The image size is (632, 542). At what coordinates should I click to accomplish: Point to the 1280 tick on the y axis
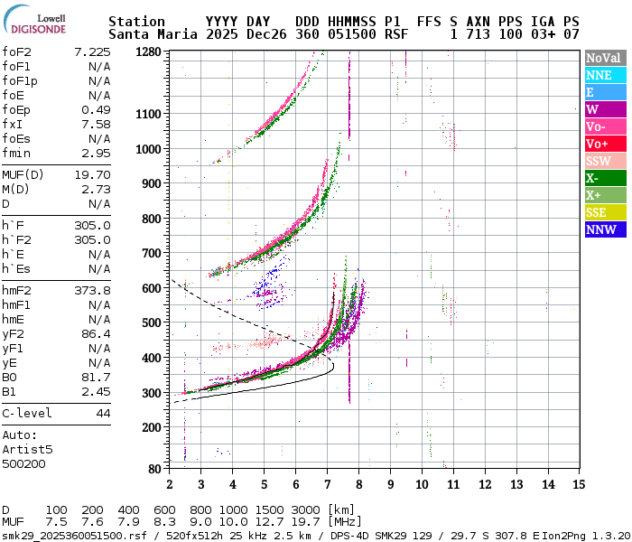pyautogui.click(x=148, y=52)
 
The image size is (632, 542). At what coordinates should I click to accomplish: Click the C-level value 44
pyautogui.click(x=103, y=413)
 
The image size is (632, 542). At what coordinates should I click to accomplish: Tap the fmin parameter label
pyautogui.click(x=17, y=154)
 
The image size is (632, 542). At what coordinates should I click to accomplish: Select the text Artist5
pyautogui.click(x=27, y=449)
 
